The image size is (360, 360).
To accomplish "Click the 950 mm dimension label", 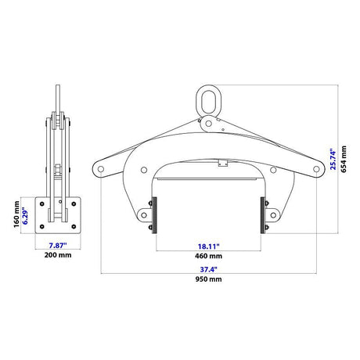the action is (208, 279).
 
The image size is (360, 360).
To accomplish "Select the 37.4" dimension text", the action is (209, 269).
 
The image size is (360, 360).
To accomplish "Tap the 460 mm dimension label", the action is (208, 256).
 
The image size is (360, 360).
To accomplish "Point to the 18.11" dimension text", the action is (209, 247).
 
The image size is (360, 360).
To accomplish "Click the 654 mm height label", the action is (344, 159).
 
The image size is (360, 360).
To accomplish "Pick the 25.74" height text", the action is (333, 160).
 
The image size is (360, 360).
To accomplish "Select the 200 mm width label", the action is (58, 255).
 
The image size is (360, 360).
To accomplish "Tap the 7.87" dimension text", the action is (58, 246).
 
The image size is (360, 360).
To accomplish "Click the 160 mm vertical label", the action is (16, 214).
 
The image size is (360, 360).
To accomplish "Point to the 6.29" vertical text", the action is (25, 216).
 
